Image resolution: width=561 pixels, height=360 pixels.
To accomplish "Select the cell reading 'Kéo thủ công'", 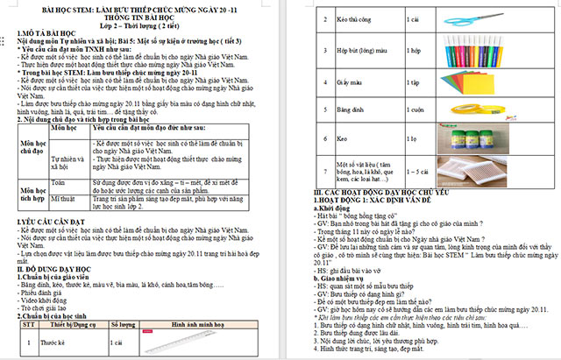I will [x=351, y=18].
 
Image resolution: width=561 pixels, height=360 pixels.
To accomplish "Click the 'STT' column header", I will [x=29, y=323].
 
